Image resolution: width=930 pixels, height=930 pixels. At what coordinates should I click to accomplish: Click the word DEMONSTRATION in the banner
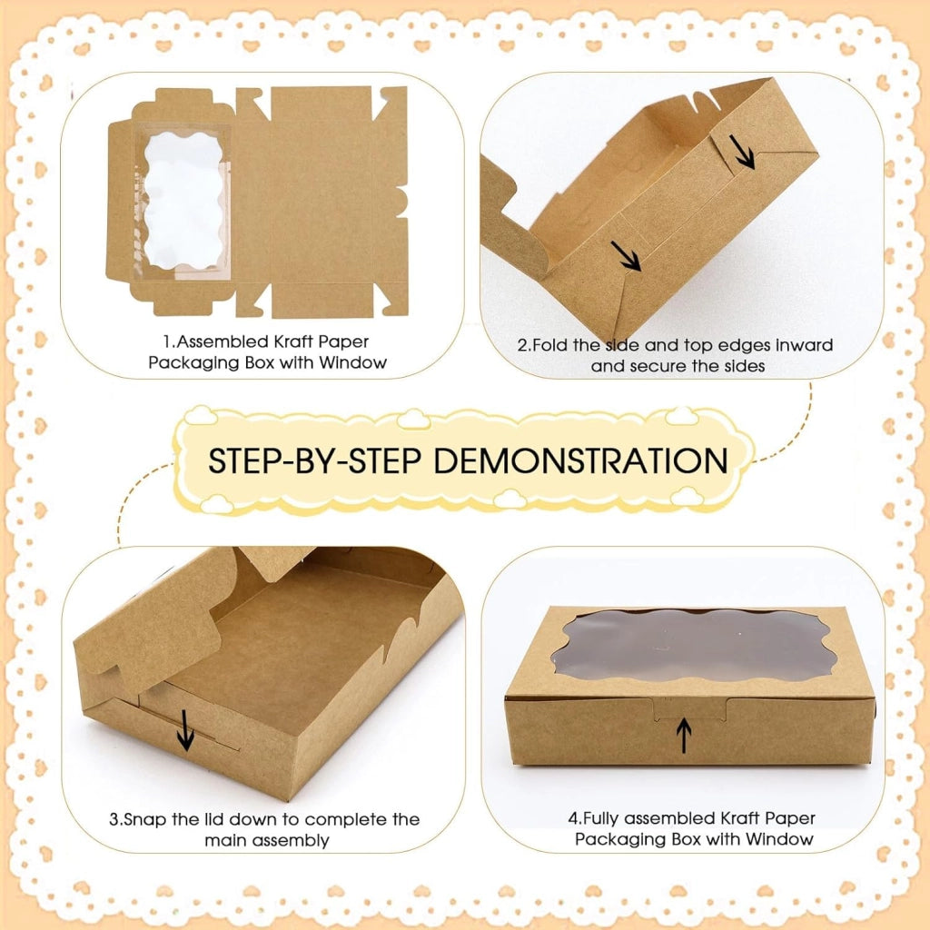(580, 460)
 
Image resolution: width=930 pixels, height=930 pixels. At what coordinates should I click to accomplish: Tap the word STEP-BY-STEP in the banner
(315, 460)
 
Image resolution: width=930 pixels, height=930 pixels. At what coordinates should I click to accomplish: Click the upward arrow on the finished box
(684, 735)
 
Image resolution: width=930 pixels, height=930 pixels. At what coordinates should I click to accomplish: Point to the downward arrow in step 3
(185, 730)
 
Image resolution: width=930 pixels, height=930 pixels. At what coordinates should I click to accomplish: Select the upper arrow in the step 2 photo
(742, 152)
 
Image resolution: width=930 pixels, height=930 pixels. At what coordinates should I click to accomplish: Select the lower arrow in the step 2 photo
(627, 256)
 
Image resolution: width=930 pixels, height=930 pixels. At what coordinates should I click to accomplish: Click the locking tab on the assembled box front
(690, 708)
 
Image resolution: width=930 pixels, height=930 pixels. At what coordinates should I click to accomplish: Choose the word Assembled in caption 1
(222, 341)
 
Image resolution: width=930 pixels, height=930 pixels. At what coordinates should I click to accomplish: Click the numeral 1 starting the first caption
(167, 341)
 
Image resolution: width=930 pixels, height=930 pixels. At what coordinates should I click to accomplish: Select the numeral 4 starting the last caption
(573, 818)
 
